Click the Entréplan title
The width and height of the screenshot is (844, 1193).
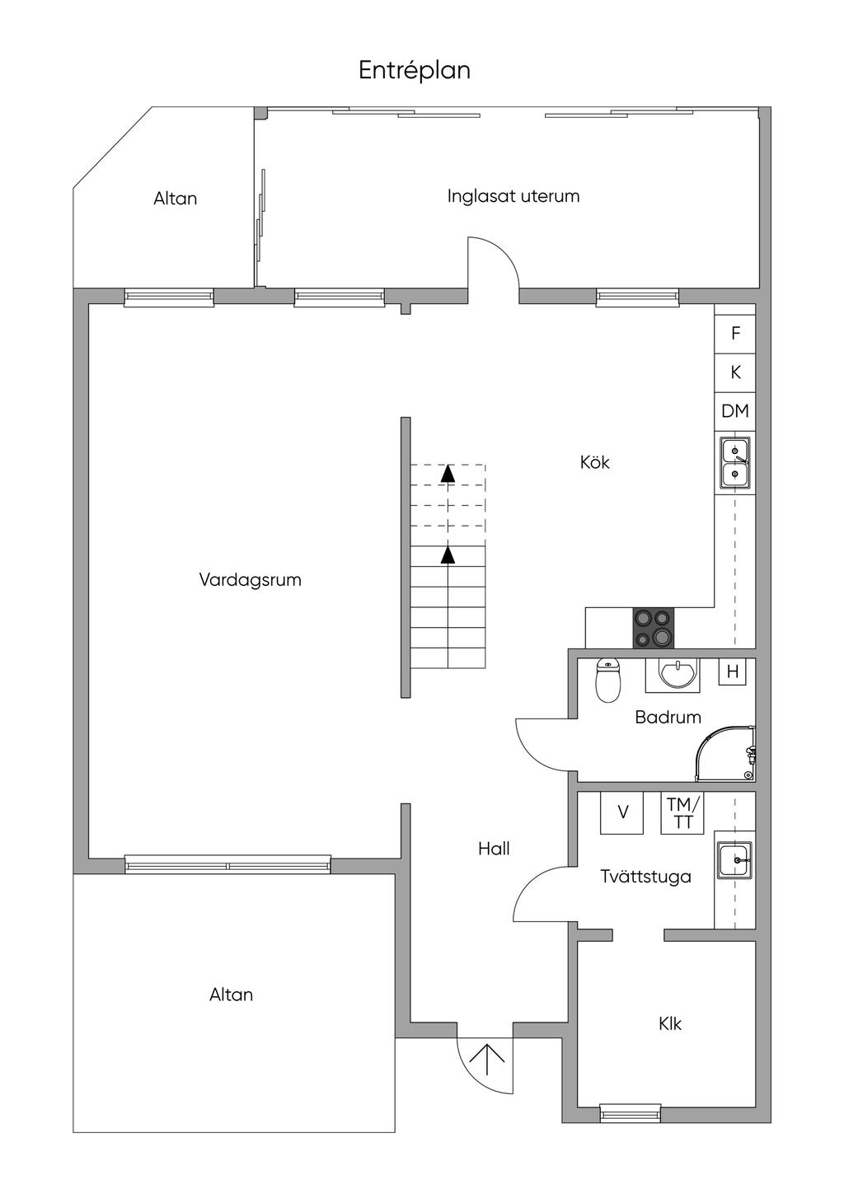click(x=414, y=71)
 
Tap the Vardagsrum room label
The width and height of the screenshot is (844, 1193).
click(x=251, y=580)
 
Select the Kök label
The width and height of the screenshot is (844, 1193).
click(x=594, y=462)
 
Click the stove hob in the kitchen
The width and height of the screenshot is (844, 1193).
click(x=654, y=628)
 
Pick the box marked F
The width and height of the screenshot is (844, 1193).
click(x=735, y=334)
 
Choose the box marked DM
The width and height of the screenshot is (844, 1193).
click(x=735, y=411)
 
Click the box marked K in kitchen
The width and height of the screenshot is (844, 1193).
click(x=735, y=372)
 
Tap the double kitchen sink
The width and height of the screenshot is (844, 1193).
click(x=735, y=463)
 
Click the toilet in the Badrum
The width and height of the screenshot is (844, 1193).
click(x=608, y=681)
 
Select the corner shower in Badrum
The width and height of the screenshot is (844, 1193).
click(x=725, y=754)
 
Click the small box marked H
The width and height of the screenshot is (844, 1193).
click(x=733, y=672)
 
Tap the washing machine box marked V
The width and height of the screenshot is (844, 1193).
click(x=621, y=812)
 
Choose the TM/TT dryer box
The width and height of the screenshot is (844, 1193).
click(x=682, y=812)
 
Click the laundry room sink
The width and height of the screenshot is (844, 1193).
click(x=735, y=860)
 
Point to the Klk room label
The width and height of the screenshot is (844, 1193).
click(x=670, y=1024)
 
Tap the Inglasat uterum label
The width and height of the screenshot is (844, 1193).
click(x=513, y=196)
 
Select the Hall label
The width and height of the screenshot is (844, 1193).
click(x=494, y=849)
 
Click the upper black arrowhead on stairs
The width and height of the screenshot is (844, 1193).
click(x=448, y=473)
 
